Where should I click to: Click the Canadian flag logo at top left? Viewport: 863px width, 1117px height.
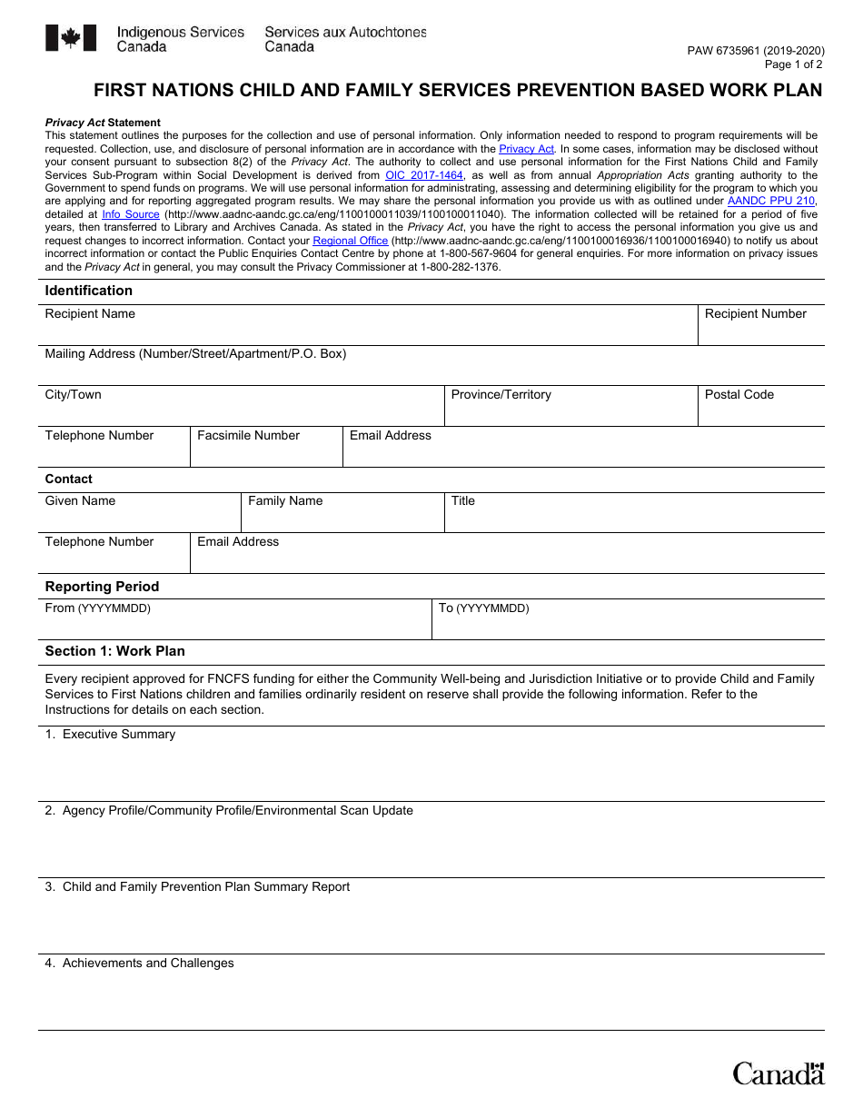click(70, 38)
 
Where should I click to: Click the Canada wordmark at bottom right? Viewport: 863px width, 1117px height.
click(779, 1073)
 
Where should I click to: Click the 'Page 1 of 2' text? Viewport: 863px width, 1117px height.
click(793, 64)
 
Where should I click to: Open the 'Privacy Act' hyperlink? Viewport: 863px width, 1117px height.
click(526, 149)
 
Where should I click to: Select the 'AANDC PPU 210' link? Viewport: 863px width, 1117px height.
click(771, 202)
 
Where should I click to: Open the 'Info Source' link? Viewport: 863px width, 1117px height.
click(131, 214)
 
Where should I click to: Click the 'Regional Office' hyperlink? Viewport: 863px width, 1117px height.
click(350, 241)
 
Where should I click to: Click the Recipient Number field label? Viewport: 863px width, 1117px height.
click(755, 314)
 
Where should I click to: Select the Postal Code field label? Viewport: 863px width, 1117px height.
click(739, 395)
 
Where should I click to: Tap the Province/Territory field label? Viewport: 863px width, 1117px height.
click(501, 395)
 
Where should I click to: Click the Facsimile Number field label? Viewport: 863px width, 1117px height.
click(248, 436)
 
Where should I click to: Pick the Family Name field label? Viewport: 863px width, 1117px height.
click(285, 501)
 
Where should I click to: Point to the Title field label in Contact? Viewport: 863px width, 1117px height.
click(462, 501)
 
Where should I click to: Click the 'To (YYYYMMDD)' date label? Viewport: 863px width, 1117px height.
click(483, 608)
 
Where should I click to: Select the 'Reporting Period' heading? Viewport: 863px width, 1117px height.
click(102, 587)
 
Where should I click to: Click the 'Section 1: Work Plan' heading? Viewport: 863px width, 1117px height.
click(114, 651)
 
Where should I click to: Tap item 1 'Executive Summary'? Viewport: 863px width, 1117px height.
click(118, 735)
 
